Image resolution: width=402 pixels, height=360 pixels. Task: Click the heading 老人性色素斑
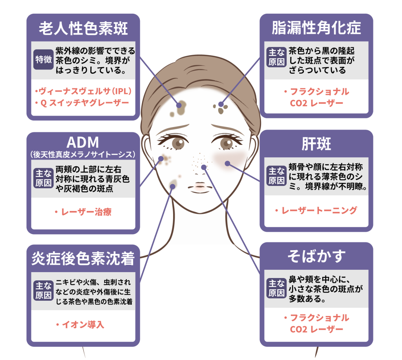coord(83,28)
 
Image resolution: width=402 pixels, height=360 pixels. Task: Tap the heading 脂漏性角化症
coord(316,28)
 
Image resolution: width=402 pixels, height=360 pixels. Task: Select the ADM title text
coord(83,142)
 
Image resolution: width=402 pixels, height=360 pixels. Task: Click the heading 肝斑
coord(316,144)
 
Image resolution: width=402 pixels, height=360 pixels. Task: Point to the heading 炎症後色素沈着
coord(83,258)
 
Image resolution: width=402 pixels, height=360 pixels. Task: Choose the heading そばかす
coord(316,256)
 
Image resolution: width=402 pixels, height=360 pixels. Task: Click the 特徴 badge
coord(43,60)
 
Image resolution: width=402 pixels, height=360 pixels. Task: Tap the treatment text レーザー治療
coord(83,212)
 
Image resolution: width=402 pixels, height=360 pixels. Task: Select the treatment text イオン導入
coord(80,325)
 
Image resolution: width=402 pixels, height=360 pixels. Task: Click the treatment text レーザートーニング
coord(316,211)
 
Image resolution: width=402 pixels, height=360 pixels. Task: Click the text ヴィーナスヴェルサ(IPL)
coord(84,91)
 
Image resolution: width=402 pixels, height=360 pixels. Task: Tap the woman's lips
coord(200,187)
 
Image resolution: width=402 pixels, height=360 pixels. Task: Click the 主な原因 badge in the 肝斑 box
coord(276,176)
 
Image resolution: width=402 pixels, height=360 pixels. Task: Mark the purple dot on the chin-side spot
coord(173,187)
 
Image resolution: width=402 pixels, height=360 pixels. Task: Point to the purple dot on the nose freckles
coord(204,167)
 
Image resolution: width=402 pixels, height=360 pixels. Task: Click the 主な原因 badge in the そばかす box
coord(276,288)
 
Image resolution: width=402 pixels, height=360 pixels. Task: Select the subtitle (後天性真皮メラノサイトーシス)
coord(83,155)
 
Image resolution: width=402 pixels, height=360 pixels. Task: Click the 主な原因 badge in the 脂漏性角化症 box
coord(276,57)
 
